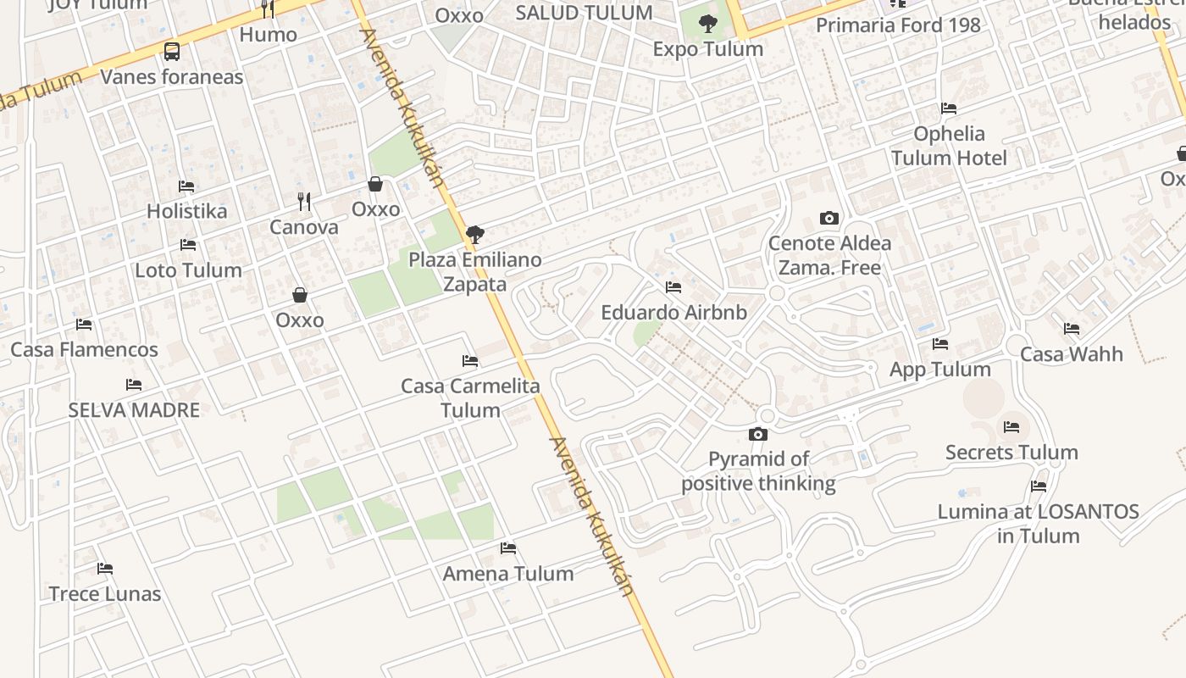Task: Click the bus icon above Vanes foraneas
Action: point(172,52)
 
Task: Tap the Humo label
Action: point(268,35)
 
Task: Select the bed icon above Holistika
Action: point(186,186)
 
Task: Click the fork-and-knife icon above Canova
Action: point(304,202)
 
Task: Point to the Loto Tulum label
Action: point(188,270)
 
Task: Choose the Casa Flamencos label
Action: point(84,349)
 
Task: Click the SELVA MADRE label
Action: point(134,410)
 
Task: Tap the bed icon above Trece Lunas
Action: point(105,569)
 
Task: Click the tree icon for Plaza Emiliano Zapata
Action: point(475,235)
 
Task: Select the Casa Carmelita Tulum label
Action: point(470,398)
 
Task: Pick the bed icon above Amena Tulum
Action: point(508,548)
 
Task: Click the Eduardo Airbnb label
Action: point(673,312)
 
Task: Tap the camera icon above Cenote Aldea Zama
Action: point(829,219)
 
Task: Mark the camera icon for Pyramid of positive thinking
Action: point(758,435)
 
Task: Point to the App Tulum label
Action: point(939,370)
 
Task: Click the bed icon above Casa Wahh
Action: point(1072,329)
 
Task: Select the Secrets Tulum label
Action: point(1011,453)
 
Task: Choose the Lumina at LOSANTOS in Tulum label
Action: point(1038,524)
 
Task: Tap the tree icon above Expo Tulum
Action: point(708,25)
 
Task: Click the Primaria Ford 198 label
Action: point(898,25)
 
